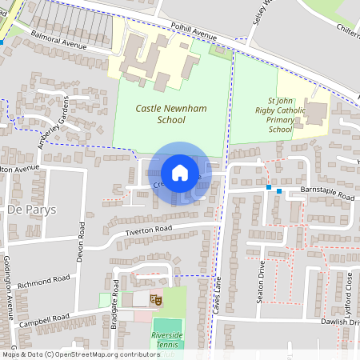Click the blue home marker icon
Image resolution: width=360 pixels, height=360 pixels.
[180, 173]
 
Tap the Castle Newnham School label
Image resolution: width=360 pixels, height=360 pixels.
[160, 114]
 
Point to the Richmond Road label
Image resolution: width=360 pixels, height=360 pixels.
[45, 281]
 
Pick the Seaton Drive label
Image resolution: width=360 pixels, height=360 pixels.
[262, 278]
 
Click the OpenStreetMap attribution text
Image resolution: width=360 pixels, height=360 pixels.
[80, 354]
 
